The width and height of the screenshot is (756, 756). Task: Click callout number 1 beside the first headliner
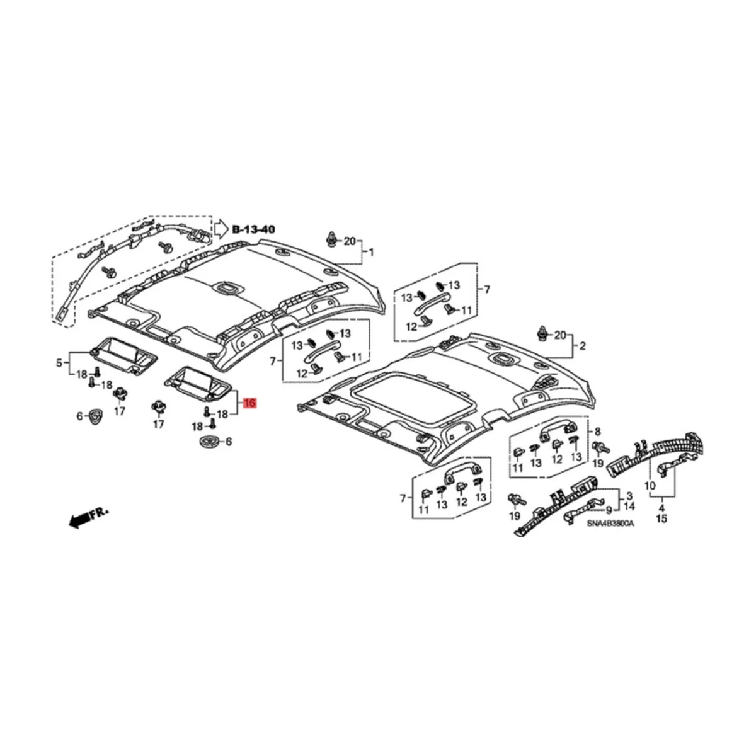tap(371, 253)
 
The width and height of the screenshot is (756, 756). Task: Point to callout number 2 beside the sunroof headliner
tap(582, 346)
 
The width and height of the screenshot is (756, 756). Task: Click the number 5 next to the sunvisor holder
tap(59, 362)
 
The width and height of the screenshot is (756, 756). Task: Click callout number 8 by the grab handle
tap(597, 431)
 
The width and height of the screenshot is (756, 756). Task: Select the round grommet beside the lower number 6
tap(207, 442)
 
